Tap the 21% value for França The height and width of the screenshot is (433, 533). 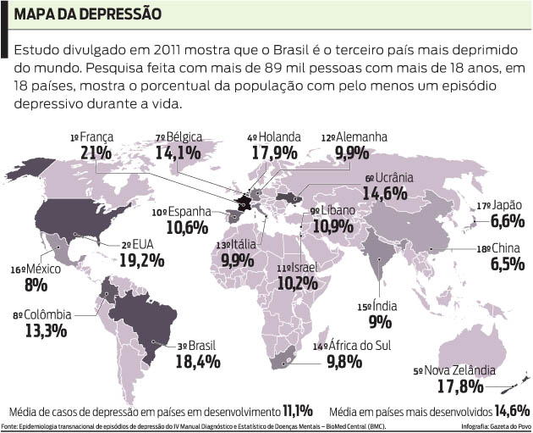tap(96, 152)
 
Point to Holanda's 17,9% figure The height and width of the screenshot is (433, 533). tap(275, 153)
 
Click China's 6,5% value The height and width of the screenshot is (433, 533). tap(506, 264)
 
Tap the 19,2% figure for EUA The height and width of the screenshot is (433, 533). tap(141, 259)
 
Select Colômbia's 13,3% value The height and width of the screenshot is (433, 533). tap(46, 330)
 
